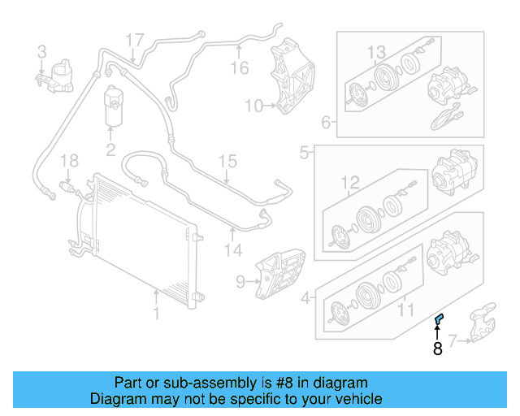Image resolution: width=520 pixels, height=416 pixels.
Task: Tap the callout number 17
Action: pos(134,39)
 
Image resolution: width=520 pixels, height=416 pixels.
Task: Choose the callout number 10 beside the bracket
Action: pos(253,106)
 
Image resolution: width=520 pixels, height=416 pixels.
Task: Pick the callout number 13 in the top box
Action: pos(375,53)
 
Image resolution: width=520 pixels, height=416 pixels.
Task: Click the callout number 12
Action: pos(349,181)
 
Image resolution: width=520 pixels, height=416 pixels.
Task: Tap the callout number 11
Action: pos(404,309)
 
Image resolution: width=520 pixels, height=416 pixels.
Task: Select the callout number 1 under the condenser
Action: pos(158,312)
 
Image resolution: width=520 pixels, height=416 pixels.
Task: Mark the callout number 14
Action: pos(233,251)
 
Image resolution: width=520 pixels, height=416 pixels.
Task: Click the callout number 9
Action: pos(240,282)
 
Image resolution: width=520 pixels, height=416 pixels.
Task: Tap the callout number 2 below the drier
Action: pos(110,149)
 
